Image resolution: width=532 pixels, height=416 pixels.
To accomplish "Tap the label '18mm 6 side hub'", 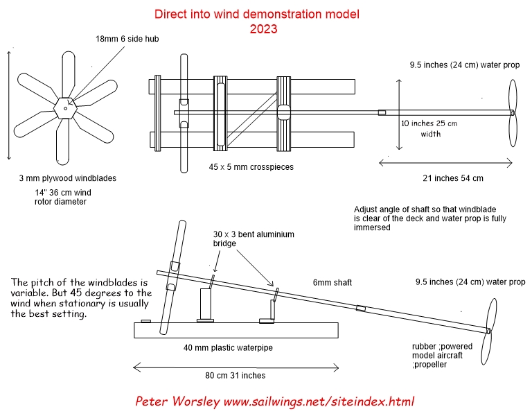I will coord(127,40).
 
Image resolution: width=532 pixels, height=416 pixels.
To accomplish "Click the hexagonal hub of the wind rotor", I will coord(64,107).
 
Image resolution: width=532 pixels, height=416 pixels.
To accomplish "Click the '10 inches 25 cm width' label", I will coord(429,128).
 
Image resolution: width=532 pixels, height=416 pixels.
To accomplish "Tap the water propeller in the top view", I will coord(513,112).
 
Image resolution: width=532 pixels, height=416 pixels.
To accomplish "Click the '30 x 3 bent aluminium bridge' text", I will coord(254,239).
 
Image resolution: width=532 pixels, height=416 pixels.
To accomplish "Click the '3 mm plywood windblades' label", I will coord(67,178).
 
